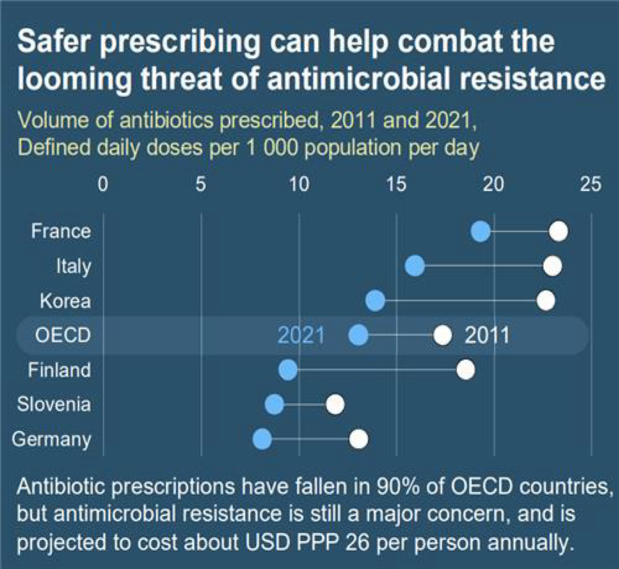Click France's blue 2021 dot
(x=481, y=232)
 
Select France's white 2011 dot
(x=559, y=232)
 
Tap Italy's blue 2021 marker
(x=415, y=266)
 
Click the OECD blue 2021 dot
(x=358, y=336)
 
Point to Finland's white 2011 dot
(x=466, y=370)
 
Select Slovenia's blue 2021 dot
(x=274, y=405)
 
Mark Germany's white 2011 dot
(x=358, y=439)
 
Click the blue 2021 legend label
(x=301, y=336)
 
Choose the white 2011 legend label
(x=487, y=336)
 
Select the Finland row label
(x=60, y=370)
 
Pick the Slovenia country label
(x=54, y=405)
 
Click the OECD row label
(x=63, y=336)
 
